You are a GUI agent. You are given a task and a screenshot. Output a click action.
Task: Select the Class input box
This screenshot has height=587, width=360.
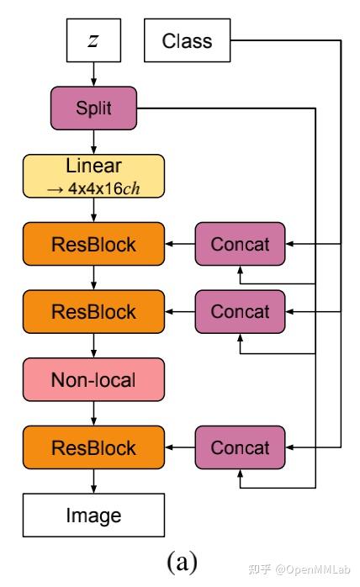coord(187,40)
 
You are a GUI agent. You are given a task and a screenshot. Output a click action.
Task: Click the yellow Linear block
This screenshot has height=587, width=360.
coord(93,176)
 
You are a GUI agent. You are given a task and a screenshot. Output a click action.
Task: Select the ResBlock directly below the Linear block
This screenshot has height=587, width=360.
coord(93,245)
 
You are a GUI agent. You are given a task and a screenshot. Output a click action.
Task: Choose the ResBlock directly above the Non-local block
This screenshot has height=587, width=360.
coord(93,311)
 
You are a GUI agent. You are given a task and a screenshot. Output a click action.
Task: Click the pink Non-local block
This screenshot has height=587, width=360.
coord(93,379)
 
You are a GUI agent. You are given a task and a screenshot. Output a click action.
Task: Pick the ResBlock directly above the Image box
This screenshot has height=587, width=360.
coord(93,447)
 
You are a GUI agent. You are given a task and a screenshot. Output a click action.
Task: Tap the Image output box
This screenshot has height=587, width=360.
coord(93,515)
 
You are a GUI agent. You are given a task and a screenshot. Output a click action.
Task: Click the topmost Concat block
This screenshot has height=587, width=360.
coord(240,245)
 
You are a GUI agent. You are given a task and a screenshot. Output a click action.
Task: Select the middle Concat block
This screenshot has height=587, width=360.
coord(240,311)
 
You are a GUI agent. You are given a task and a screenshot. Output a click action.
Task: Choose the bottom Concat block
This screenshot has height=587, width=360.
coord(240,447)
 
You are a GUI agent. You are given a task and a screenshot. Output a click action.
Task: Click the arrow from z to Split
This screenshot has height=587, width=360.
coord(93,74)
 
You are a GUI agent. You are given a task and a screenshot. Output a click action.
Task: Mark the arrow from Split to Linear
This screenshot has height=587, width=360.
coord(93,142)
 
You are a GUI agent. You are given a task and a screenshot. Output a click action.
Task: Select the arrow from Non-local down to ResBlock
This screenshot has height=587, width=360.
coord(93,413)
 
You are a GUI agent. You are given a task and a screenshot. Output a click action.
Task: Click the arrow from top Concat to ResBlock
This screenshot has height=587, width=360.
coord(179,245)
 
